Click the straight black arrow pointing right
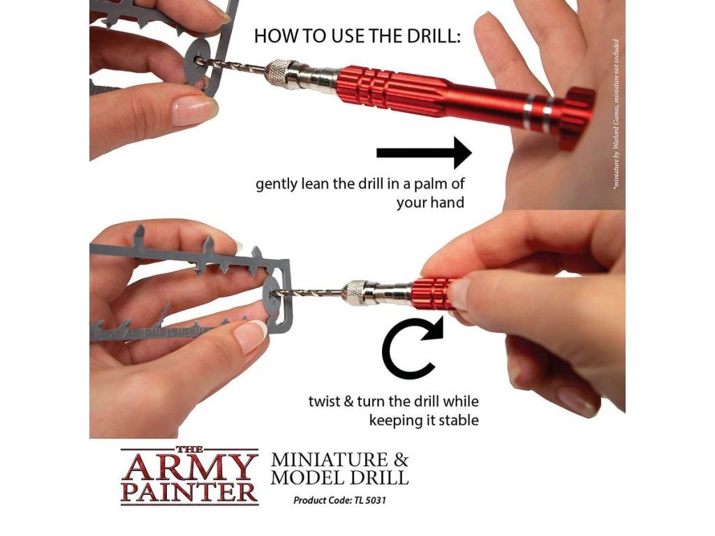[x=424, y=153]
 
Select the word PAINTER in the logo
[x=190, y=492]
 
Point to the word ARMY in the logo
[x=188, y=467]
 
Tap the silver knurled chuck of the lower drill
[x=357, y=292]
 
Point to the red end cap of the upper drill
[x=576, y=117]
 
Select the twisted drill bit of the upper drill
[x=230, y=66]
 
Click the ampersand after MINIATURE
[x=400, y=459]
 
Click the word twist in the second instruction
[x=324, y=401]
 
